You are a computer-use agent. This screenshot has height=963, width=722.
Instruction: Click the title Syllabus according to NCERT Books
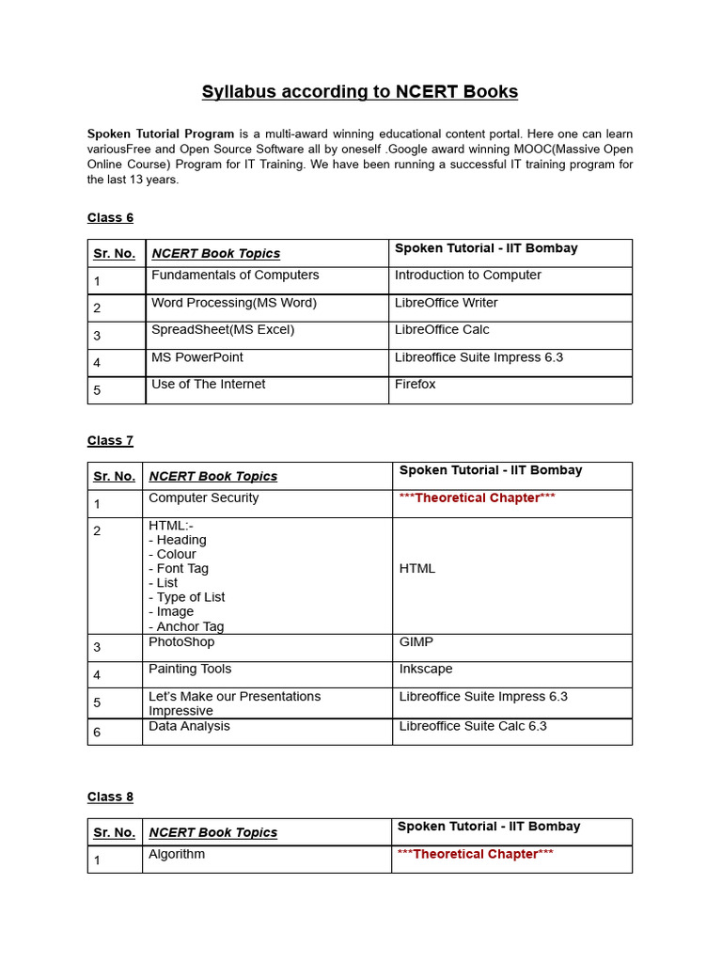(360, 91)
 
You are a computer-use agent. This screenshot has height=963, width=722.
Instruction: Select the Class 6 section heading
(110, 217)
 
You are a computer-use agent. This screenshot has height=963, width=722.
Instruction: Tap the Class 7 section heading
(110, 440)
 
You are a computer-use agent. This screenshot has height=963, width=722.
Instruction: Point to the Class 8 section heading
(110, 797)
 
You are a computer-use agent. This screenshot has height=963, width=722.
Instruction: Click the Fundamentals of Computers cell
(235, 275)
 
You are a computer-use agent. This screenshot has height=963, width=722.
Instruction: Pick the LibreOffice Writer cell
(447, 303)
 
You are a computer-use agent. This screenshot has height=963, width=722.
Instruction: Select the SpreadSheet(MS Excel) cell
(223, 329)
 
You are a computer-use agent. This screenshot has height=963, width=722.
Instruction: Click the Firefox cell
(416, 384)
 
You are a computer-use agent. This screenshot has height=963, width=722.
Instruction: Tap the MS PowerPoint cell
(197, 356)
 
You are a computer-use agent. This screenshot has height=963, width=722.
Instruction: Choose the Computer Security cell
(204, 497)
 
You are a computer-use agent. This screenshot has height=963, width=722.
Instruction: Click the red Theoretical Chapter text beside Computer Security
(478, 497)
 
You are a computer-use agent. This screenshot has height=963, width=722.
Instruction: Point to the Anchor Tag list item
(186, 626)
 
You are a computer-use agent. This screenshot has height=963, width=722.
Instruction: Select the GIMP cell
(416, 641)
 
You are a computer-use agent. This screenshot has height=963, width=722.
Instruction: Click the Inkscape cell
(426, 669)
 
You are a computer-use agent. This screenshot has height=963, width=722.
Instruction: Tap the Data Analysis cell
(189, 726)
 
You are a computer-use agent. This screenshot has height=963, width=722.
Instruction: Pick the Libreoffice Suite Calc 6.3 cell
(473, 726)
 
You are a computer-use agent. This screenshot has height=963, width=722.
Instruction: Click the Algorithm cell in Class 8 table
(177, 854)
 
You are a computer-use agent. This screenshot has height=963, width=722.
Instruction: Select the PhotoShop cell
(181, 641)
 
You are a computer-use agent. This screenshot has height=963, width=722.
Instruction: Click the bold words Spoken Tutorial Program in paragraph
(161, 134)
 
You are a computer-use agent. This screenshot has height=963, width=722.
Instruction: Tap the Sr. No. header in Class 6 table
(115, 253)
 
